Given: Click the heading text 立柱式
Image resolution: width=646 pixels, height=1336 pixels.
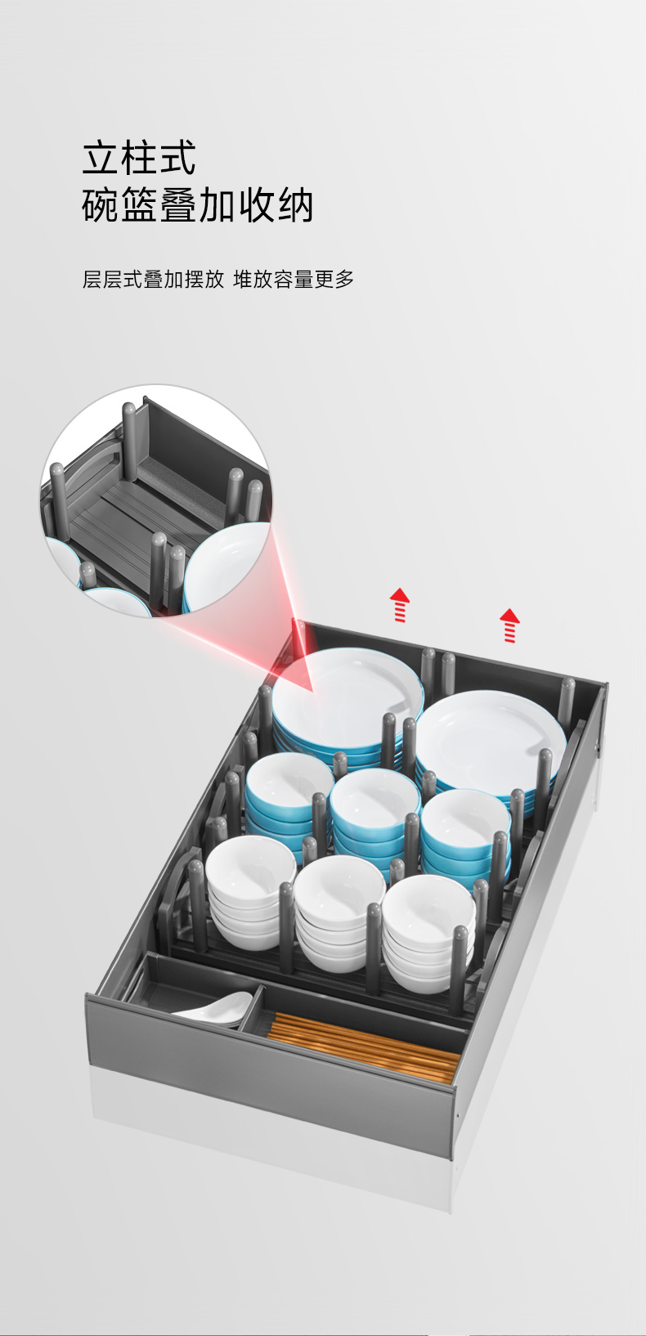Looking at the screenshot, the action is tap(139, 158).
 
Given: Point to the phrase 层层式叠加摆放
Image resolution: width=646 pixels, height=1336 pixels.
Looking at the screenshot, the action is tap(153, 279).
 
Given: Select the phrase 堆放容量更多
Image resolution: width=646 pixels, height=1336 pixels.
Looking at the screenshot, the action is tap(294, 279).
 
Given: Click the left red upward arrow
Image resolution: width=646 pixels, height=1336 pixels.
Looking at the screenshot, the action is tap(400, 605).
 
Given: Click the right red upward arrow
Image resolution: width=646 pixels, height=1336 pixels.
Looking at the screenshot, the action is tap(509, 625).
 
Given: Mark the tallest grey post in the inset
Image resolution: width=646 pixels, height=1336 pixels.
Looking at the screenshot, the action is tap(129, 442).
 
